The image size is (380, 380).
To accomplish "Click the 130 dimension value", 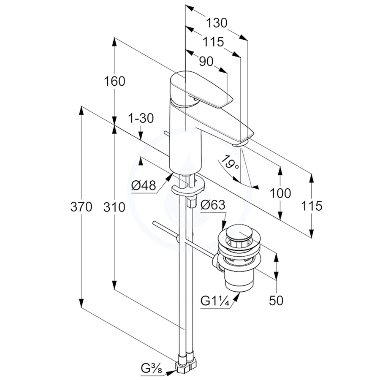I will [x=217, y=22].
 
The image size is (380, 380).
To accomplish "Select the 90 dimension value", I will [x=206, y=62].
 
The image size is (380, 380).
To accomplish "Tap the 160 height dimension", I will [x=115, y=81].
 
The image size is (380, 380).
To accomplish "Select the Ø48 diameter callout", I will [x=144, y=185].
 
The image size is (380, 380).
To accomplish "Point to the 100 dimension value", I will [x=280, y=193].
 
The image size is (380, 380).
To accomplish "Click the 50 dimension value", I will [x=277, y=300].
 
